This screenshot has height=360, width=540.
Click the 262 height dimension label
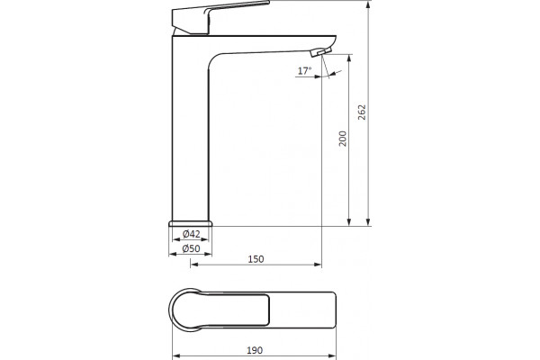[x=362, y=112]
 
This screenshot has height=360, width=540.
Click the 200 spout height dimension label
[x=343, y=138]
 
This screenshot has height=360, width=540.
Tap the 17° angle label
[x=305, y=71]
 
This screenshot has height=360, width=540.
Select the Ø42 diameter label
[x=191, y=234]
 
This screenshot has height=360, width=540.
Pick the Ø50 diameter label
[x=191, y=248]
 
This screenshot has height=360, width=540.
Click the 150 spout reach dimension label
[x=256, y=259]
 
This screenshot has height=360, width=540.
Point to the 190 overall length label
[x=255, y=350]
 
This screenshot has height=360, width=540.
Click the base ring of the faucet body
[x=191, y=223]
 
